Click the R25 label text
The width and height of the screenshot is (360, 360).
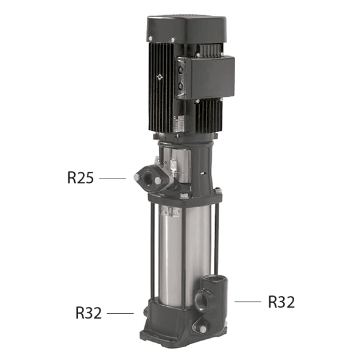tap(80, 178)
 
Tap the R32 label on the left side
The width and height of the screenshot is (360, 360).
tap(88, 313)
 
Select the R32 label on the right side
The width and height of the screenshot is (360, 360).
tap(281, 302)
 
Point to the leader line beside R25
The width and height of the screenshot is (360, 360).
tap(112, 178)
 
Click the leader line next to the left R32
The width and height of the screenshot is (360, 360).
tap(120, 313)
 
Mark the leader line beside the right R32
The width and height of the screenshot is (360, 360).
tap(248, 302)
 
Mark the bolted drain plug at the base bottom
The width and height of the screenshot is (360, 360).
tap(200, 327)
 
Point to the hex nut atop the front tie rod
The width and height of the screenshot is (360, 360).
tap(183, 196)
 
